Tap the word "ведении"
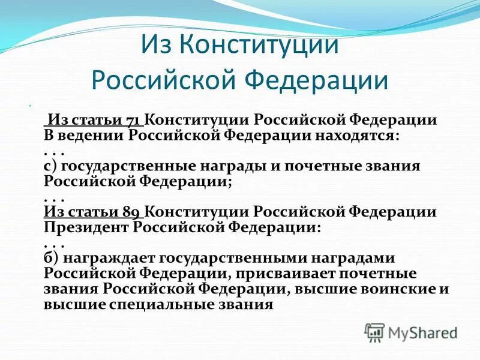[93, 134]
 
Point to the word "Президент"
[86, 227]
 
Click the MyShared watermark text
[422, 332]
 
